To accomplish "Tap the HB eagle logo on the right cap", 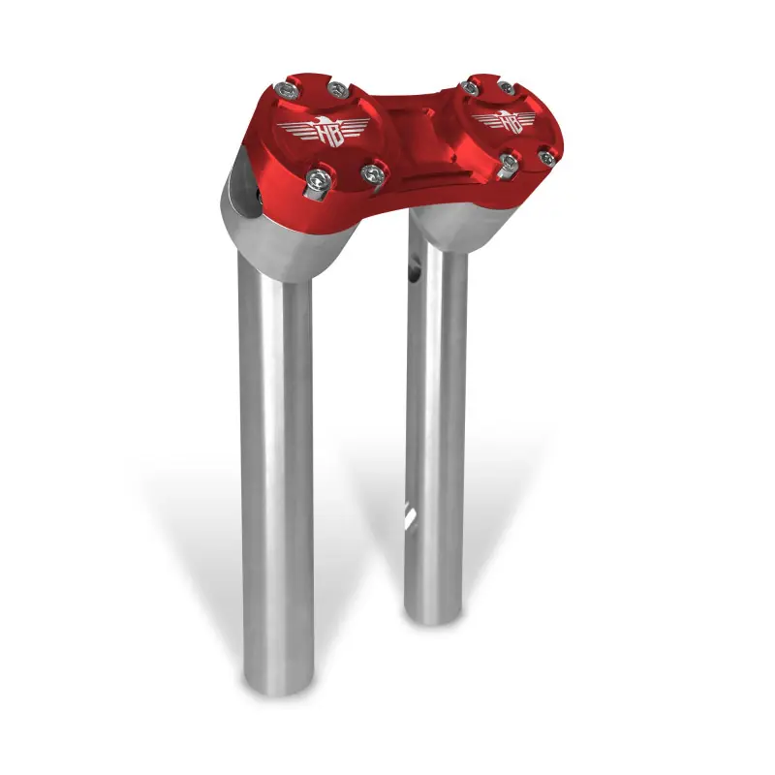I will click(x=503, y=122).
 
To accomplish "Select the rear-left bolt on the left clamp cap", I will click(x=288, y=91).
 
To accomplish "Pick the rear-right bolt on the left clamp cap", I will click(x=338, y=90).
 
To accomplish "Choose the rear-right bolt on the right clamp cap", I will click(x=507, y=88).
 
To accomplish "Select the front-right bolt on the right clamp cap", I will click(x=545, y=154).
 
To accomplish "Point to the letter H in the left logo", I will click(x=316, y=133).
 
